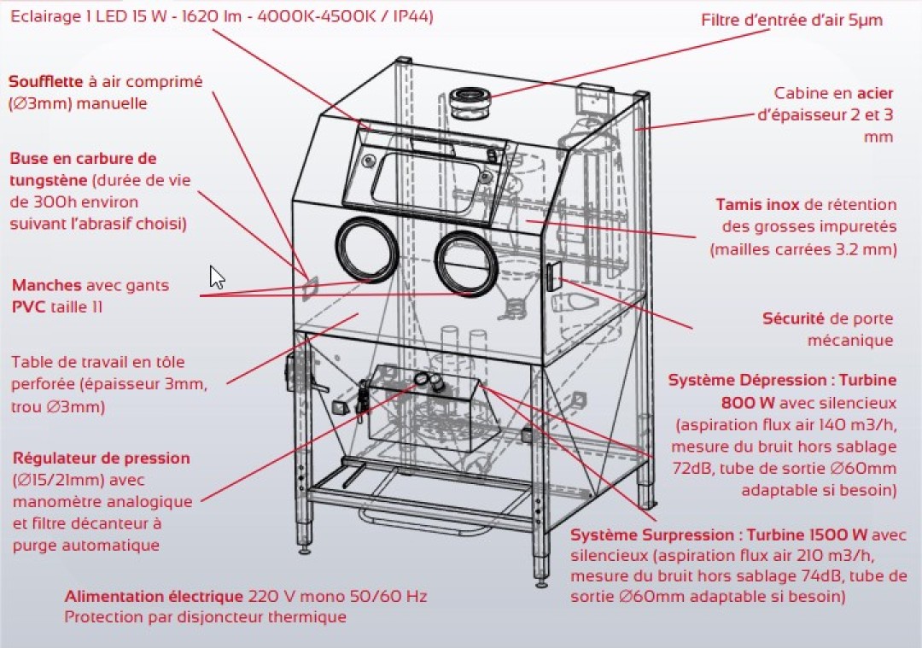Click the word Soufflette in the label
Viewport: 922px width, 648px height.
pos(46,82)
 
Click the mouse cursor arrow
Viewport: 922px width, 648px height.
pos(217,277)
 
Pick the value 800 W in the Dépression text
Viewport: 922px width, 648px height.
pos(740,401)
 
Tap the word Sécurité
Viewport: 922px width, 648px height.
pos(793,318)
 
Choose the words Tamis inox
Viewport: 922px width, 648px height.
pos(758,205)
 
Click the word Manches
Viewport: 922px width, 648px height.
pos(47,285)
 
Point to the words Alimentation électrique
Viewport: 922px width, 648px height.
pos(154,596)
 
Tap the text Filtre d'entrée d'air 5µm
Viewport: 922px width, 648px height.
pos(792,20)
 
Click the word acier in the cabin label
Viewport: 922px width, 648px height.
pos(874,93)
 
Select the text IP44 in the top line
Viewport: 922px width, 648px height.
pos(407,16)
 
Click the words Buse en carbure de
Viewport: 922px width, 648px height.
pos(83,159)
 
